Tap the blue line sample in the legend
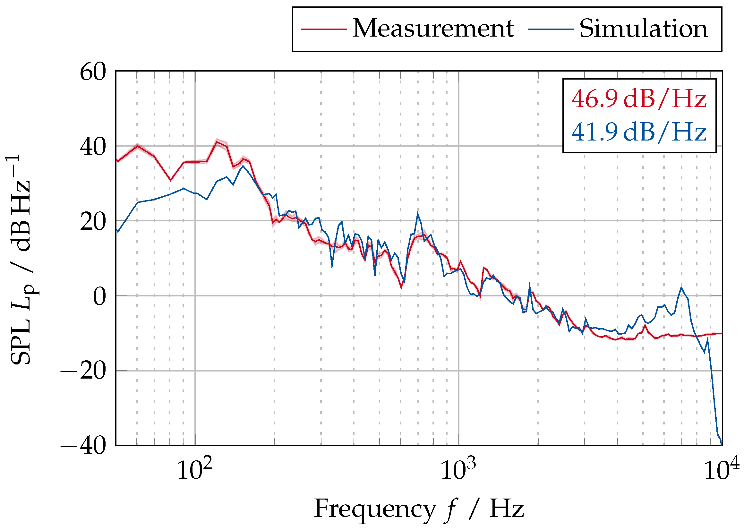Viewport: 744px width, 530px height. tap(551, 29)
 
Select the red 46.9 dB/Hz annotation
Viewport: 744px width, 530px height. tap(638, 98)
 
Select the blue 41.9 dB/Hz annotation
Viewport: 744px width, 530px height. tap(638, 132)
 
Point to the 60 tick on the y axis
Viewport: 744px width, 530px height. tap(93, 72)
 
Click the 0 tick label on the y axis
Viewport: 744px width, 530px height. tap(99, 297)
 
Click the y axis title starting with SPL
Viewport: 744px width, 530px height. tap(21, 260)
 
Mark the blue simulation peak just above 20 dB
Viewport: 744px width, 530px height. tap(417, 213)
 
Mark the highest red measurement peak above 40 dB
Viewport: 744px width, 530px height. tap(217, 141)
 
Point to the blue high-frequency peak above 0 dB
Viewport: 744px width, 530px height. tap(681, 287)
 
